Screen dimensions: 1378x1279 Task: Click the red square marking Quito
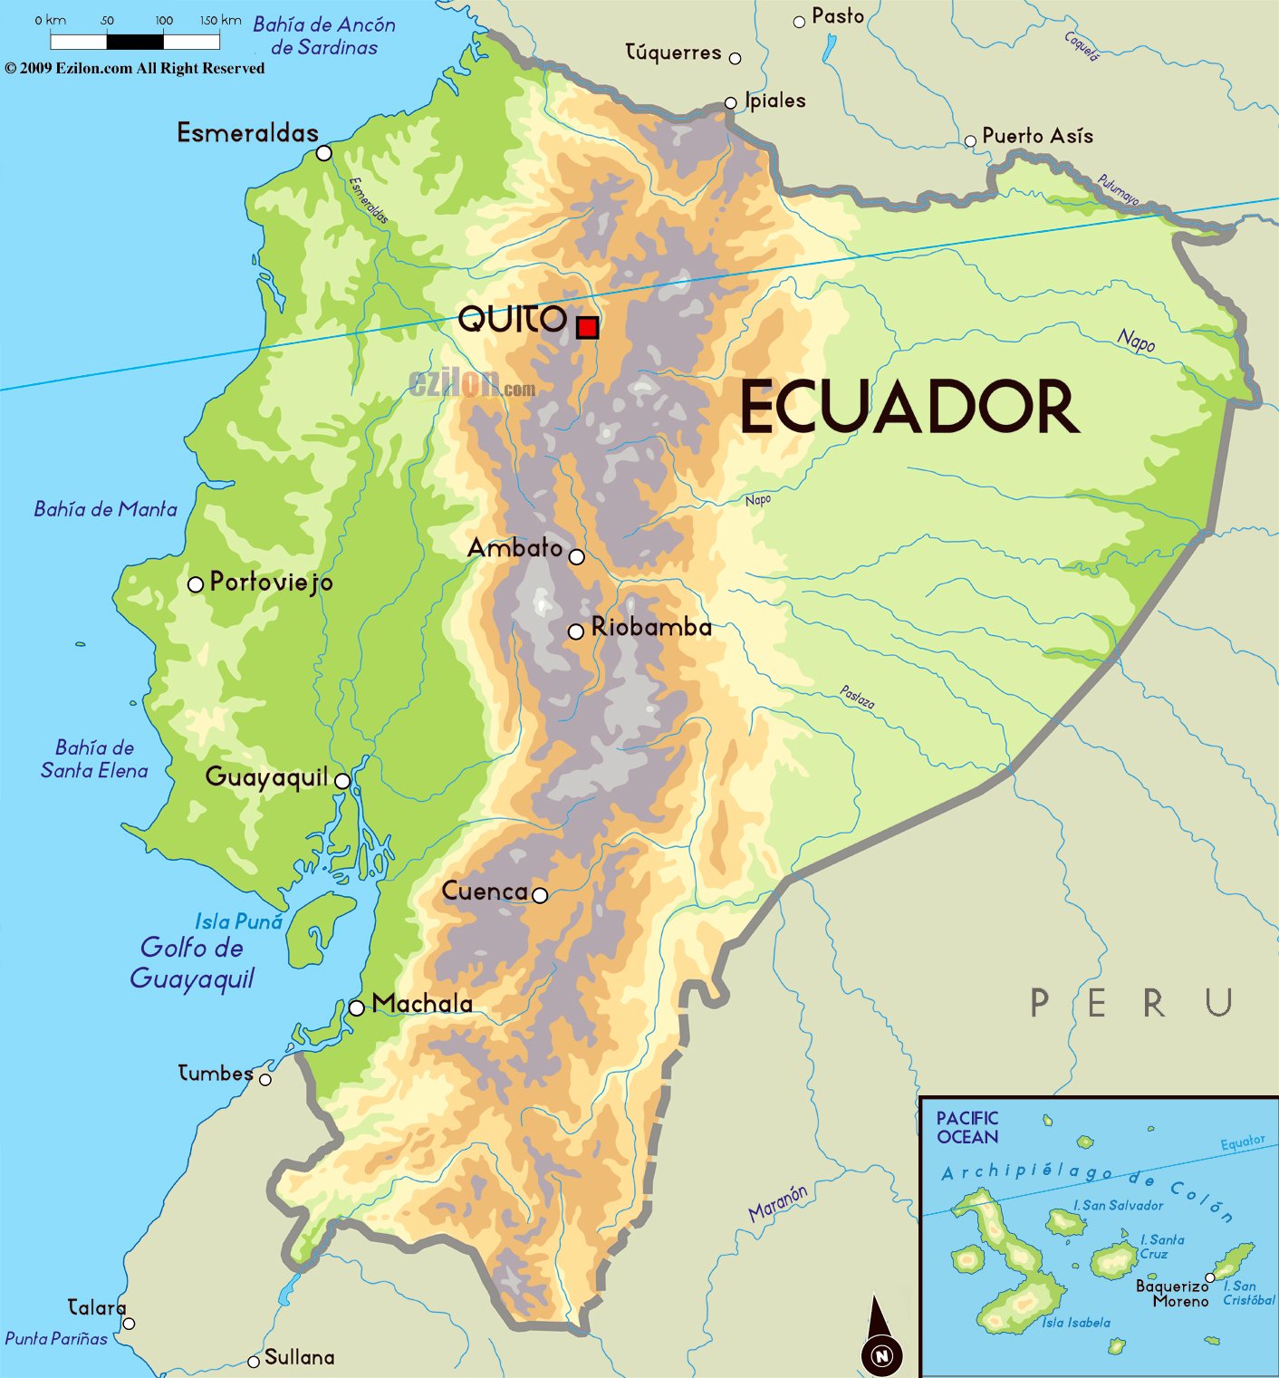(x=588, y=327)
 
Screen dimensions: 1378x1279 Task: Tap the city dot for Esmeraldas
(x=324, y=153)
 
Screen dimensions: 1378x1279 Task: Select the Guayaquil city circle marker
(x=342, y=781)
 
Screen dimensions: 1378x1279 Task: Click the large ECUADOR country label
(x=909, y=408)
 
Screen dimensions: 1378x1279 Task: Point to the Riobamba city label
(x=651, y=627)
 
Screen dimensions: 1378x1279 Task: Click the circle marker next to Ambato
(x=577, y=556)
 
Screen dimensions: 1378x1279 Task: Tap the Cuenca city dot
(x=540, y=895)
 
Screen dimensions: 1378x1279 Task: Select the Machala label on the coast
(x=422, y=1004)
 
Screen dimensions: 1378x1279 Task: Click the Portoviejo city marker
(x=195, y=584)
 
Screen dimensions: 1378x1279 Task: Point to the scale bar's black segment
(x=135, y=41)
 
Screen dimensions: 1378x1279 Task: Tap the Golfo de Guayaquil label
(x=192, y=963)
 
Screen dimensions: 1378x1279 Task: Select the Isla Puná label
(x=239, y=921)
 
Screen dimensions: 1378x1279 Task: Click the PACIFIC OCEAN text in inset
(x=967, y=1128)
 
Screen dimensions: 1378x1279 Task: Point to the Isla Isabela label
(x=1075, y=1323)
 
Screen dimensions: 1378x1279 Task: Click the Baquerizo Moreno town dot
(x=1210, y=1277)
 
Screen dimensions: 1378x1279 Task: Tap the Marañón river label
(x=778, y=1203)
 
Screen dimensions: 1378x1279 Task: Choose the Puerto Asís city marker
(x=970, y=140)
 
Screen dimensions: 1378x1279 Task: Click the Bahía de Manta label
(x=105, y=509)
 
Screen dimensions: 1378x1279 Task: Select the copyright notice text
(x=135, y=69)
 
